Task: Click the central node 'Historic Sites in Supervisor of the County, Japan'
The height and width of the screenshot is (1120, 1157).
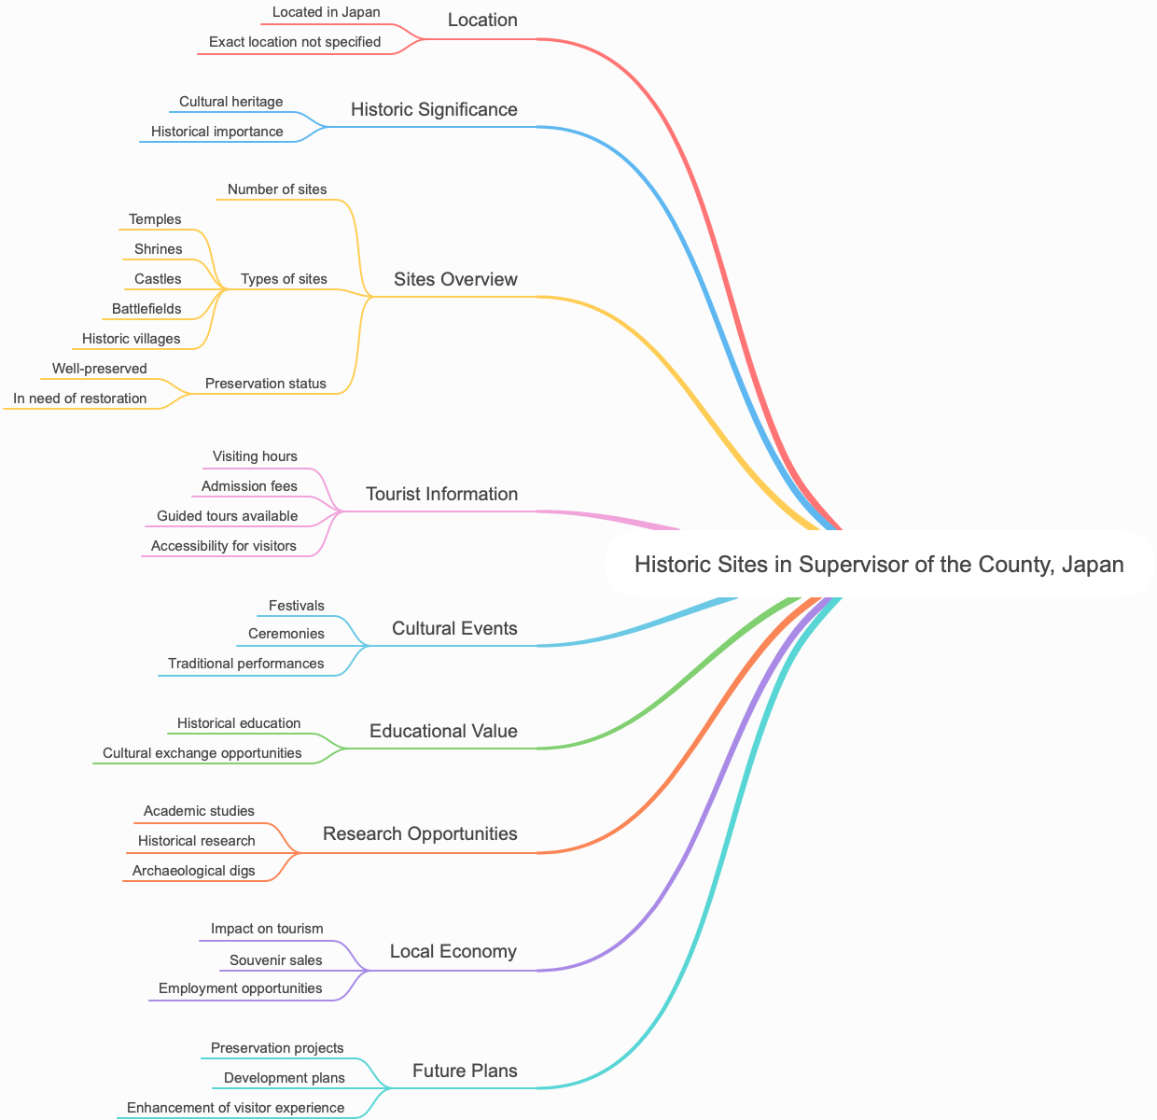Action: coord(879,564)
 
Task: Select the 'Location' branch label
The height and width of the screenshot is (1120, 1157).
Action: coord(482,20)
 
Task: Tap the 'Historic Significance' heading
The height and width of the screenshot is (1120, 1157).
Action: coord(434,109)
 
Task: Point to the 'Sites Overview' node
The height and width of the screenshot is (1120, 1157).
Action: coord(455,279)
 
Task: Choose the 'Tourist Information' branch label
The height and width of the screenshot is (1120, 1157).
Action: coord(441,494)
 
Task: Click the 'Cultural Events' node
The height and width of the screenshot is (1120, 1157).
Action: coord(454,628)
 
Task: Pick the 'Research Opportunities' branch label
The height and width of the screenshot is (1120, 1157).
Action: coord(420,833)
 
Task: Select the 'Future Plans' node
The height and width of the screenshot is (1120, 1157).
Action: coord(465,1071)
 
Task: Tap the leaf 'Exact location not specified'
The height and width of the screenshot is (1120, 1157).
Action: coord(295,42)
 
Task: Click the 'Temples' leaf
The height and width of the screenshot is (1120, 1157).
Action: coord(155,219)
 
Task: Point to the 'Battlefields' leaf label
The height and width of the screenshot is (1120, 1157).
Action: coord(146,309)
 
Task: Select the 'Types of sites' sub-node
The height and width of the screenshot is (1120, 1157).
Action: coord(284,279)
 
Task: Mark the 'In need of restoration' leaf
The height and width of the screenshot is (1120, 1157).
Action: coord(80,399)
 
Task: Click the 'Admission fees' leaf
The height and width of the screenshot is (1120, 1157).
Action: coord(249,486)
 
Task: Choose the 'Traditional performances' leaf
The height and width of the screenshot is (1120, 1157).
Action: coord(246,664)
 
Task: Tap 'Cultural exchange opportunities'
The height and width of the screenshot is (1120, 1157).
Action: coord(202,753)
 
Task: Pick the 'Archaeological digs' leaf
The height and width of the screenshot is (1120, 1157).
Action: coord(193,871)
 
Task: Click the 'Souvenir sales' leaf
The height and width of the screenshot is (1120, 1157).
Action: coord(276,960)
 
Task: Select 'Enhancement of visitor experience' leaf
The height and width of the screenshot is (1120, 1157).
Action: coord(236,1108)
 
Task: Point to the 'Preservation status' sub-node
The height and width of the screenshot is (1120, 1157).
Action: coord(266,384)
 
